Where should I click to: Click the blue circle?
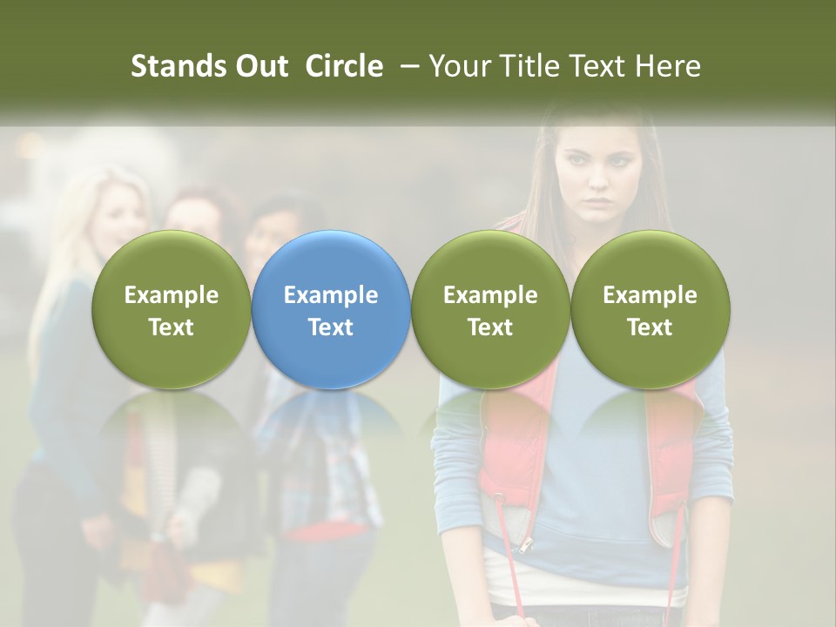tap(331, 309)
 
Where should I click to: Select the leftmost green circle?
tap(172, 309)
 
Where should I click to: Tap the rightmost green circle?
tap(650, 309)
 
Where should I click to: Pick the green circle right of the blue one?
tap(490, 309)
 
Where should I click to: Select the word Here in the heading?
tap(668, 66)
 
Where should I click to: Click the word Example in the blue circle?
tap(331, 295)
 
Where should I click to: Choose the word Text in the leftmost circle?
tap(172, 327)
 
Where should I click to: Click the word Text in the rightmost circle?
tap(650, 327)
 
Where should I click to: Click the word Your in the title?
tap(458, 66)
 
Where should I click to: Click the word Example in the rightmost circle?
tap(650, 295)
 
